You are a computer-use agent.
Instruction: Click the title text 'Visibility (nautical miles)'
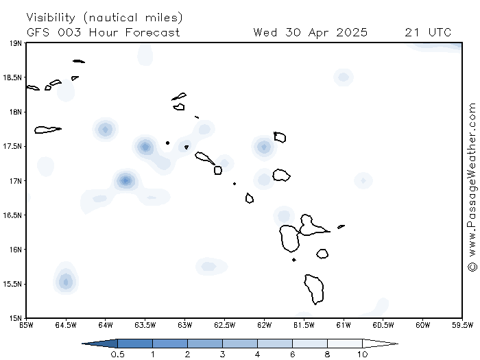click(x=104, y=17)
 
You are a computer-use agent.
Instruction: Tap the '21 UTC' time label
click(x=428, y=32)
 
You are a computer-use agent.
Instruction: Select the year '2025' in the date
click(x=352, y=32)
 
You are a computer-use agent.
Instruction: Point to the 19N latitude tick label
click(x=16, y=43)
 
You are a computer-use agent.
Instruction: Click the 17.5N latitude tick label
click(x=12, y=146)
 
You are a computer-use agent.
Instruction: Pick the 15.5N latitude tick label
click(x=12, y=284)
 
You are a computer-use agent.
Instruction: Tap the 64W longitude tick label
click(x=106, y=325)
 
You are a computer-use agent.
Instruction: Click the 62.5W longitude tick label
click(x=224, y=325)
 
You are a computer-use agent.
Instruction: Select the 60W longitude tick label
click(x=423, y=325)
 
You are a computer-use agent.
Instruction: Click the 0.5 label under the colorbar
click(x=117, y=355)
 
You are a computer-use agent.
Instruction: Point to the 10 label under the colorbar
click(x=363, y=355)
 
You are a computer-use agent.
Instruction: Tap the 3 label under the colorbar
click(x=223, y=355)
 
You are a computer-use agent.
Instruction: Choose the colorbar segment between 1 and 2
click(x=170, y=344)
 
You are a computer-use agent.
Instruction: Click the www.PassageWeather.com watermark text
click(x=472, y=180)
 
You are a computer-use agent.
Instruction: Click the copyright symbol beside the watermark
click(x=472, y=266)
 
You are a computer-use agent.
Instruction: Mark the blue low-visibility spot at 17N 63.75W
click(x=125, y=180)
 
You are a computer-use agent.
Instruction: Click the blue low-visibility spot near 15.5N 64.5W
click(x=66, y=281)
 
